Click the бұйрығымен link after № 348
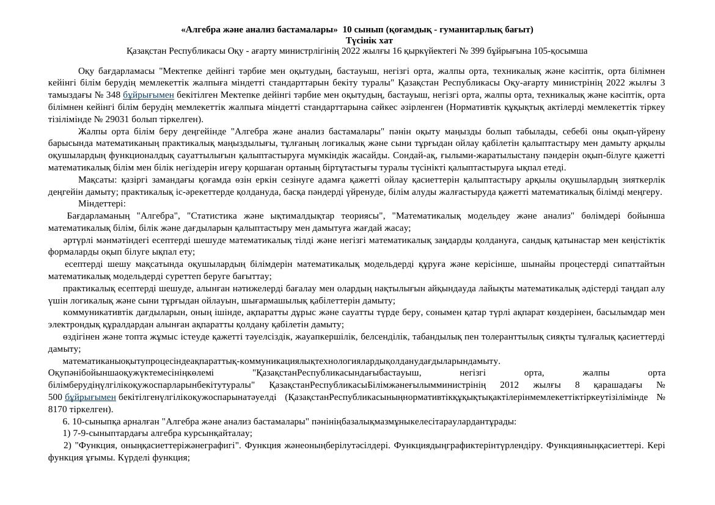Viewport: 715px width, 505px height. [148, 95]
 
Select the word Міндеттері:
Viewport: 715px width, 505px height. [102, 203]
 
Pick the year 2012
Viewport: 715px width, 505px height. [509, 385]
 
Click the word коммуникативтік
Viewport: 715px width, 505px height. [93, 312]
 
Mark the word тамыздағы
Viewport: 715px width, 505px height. [68, 95]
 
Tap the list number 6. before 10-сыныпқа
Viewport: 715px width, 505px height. [66, 421]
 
